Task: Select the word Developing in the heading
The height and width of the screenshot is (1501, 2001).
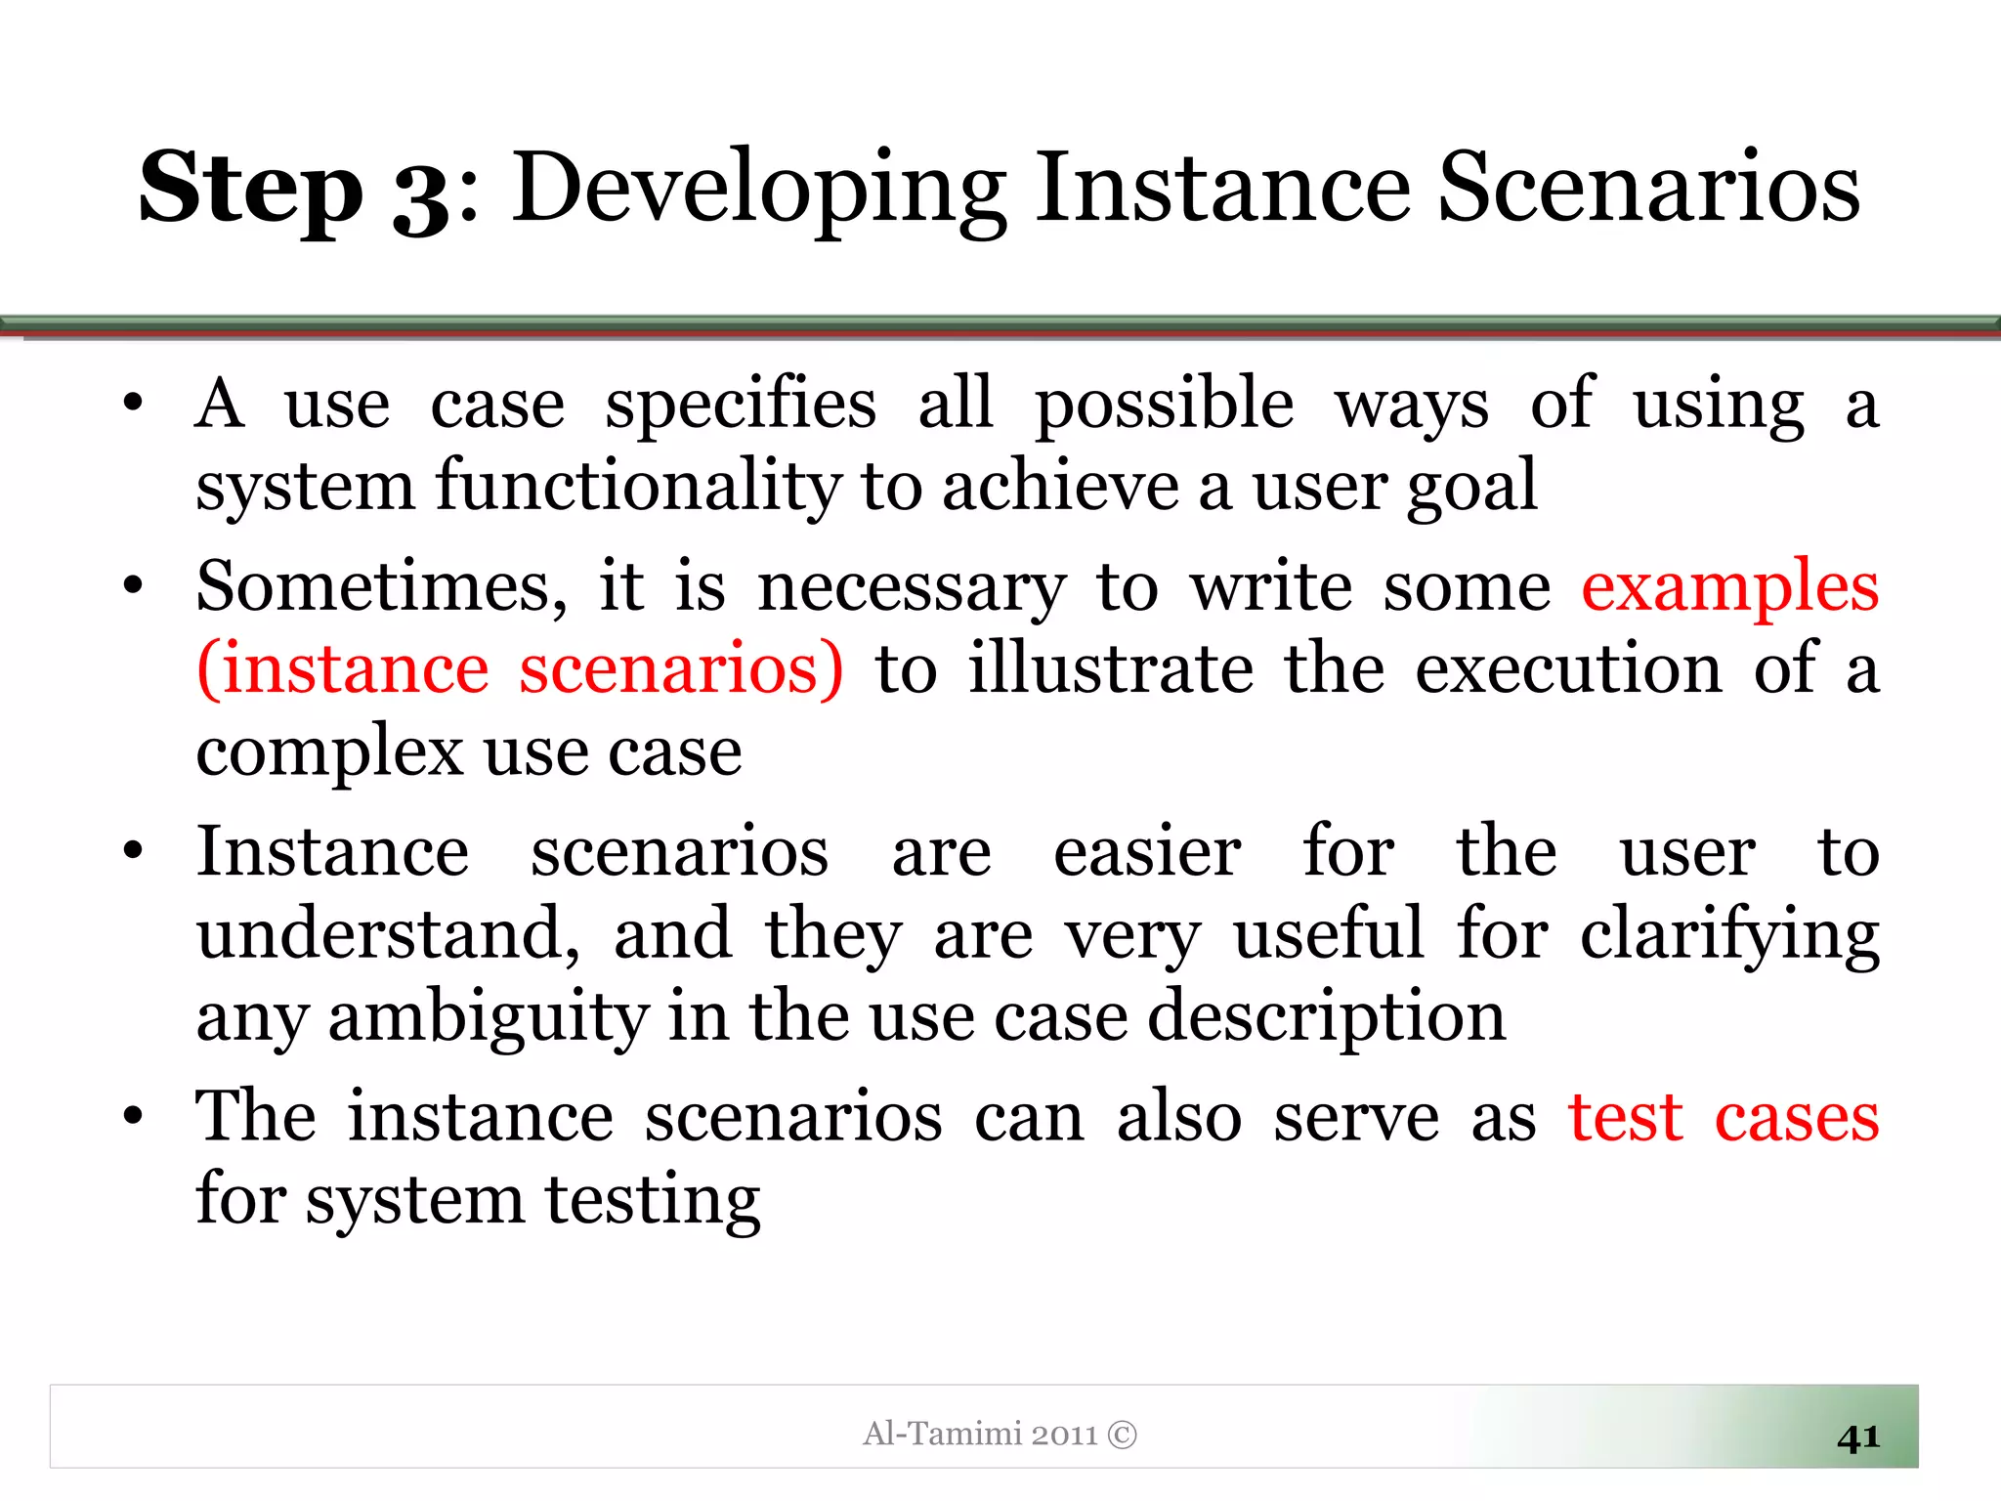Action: [x=759, y=190]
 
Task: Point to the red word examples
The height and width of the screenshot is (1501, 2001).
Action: [x=1729, y=588]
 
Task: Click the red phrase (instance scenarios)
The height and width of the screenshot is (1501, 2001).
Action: [x=520, y=670]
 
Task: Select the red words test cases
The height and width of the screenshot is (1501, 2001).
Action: [x=1724, y=1118]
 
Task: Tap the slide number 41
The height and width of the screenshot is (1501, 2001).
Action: [x=1857, y=1437]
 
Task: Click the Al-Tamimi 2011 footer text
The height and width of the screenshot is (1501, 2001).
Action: [x=980, y=1434]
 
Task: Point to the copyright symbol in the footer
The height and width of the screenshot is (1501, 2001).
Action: [x=1123, y=1435]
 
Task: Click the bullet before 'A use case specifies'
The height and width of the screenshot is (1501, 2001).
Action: [x=133, y=403]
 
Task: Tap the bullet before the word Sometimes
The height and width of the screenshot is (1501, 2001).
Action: [x=133, y=586]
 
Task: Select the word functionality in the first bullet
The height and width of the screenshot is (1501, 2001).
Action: [x=637, y=487]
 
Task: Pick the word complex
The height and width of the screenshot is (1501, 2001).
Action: [x=329, y=754]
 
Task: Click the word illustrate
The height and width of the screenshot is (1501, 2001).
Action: [x=1111, y=670]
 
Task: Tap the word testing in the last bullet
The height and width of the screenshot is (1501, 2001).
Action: [x=652, y=1200]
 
